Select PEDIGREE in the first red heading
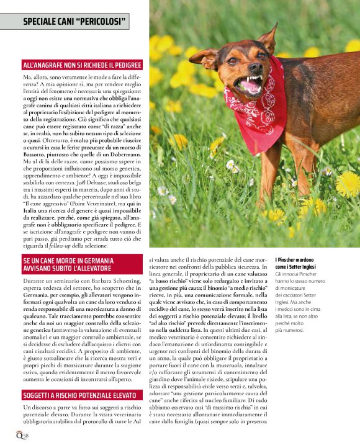point(124,65)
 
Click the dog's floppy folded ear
point(205,59)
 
